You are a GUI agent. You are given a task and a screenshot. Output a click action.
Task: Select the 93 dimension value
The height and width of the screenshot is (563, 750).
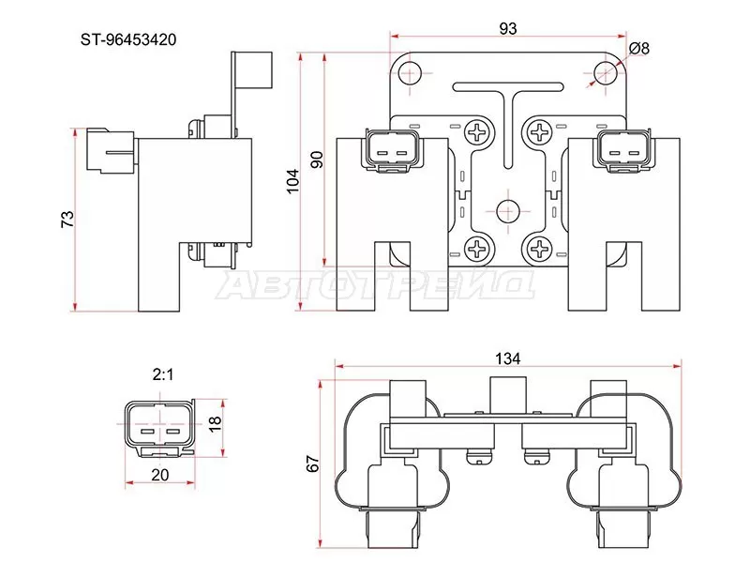click(507, 29)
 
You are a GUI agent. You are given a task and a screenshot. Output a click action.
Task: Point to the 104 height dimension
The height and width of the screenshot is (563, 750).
click(292, 180)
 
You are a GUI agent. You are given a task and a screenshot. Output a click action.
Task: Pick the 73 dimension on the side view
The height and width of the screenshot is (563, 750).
click(67, 219)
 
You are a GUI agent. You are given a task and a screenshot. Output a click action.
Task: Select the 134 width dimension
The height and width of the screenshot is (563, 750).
click(509, 358)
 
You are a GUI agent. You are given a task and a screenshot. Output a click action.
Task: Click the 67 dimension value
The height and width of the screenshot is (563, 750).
click(313, 464)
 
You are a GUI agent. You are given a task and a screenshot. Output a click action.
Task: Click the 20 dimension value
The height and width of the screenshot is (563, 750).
click(159, 475)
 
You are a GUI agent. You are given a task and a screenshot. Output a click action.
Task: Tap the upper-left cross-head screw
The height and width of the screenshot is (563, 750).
click(478, 133)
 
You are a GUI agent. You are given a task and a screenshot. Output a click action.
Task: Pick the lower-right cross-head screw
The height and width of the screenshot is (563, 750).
click(541, 249)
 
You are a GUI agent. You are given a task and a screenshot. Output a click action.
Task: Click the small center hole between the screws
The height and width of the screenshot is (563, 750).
click(509, 210)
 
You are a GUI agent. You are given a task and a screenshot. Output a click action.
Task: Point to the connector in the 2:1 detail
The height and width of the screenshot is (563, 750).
click(158, 426)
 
